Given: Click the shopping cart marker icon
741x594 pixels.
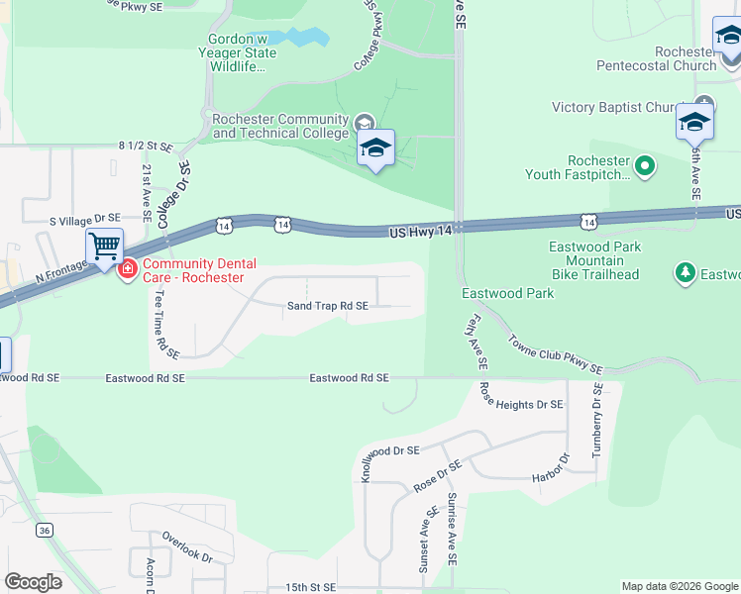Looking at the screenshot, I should pos(104,246).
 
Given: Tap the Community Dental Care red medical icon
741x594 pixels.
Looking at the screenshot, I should pos(127,269).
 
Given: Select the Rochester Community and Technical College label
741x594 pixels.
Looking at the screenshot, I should pos(280,126).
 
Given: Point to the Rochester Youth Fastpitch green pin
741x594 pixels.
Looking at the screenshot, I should pos(646,165).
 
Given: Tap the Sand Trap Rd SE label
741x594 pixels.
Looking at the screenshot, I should pos(328,307).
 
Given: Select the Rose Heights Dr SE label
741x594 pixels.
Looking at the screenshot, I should pos(522,404).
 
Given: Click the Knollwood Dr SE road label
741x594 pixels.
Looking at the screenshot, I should pos(390,449).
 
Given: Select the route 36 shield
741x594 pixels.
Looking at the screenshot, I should pos(45,530).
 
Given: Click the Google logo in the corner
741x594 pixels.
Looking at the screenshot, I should pos(33,582).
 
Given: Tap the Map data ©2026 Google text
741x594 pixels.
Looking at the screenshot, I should pos(679,586).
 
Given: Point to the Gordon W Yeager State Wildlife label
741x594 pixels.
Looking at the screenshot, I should pos(238,52).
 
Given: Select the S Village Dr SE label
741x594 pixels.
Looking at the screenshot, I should pos(85,218).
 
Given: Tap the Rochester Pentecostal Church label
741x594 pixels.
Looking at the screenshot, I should pos(656,58).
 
